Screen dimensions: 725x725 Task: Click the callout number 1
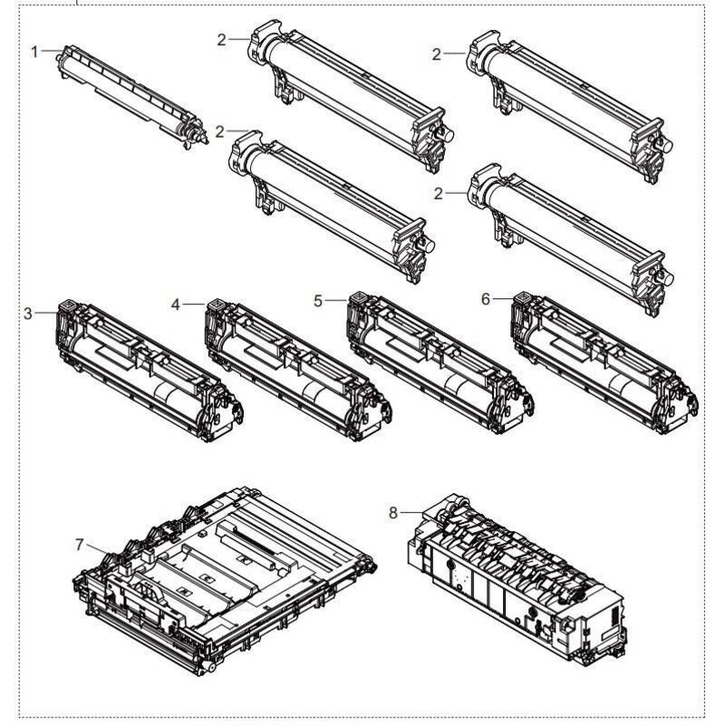point(34,52)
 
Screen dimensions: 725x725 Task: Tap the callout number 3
point(28,314)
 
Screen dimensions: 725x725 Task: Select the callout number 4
point(175,304)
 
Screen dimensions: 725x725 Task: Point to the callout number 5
point(318,301)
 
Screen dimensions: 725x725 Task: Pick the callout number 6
point(485,299)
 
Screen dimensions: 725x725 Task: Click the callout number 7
point(79,545)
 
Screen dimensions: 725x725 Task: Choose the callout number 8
point(392,513)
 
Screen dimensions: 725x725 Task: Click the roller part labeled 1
point(132,97)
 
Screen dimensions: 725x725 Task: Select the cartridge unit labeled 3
point(150,371)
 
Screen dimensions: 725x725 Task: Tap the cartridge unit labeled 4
point(299,370)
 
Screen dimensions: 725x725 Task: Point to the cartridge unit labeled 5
point(440,363)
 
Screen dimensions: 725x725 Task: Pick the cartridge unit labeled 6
point(604,363)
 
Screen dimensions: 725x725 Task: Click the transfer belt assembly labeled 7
point(225,581)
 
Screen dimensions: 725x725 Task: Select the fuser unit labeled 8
point(517,580)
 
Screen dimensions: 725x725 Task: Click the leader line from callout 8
point(412,512)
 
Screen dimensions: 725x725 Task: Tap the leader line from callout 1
point(52,51)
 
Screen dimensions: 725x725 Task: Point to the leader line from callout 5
point(335,301)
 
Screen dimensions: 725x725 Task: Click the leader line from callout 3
point(46,313)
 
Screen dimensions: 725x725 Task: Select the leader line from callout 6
point(503,299)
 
